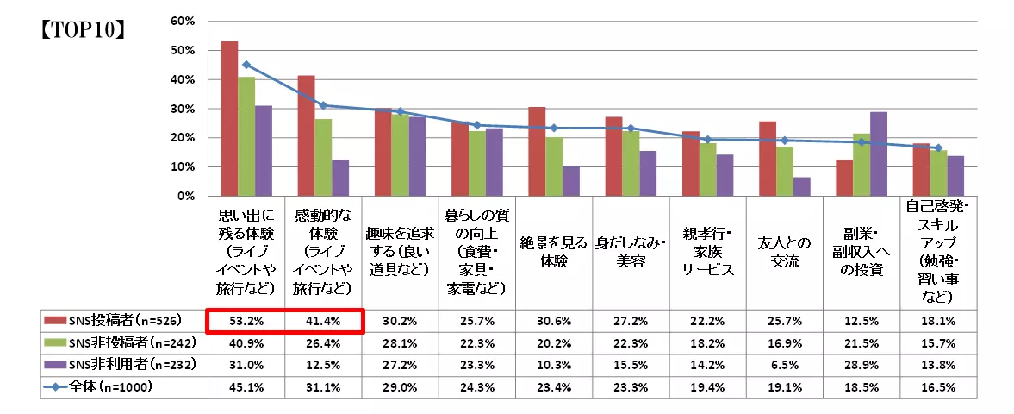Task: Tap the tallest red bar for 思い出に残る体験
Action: [229, 118]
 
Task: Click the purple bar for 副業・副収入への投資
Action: [879, 154]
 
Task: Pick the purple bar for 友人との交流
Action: [802, 186]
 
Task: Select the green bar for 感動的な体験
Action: [323, 158]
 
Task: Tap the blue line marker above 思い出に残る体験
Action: [246, 65]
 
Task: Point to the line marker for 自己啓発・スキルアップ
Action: [938, 148]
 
